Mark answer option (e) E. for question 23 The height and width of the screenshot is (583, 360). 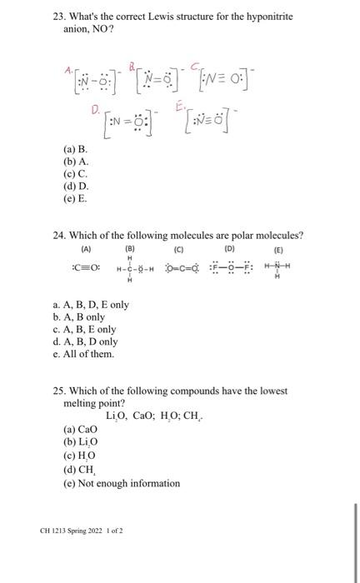(76, 199)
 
